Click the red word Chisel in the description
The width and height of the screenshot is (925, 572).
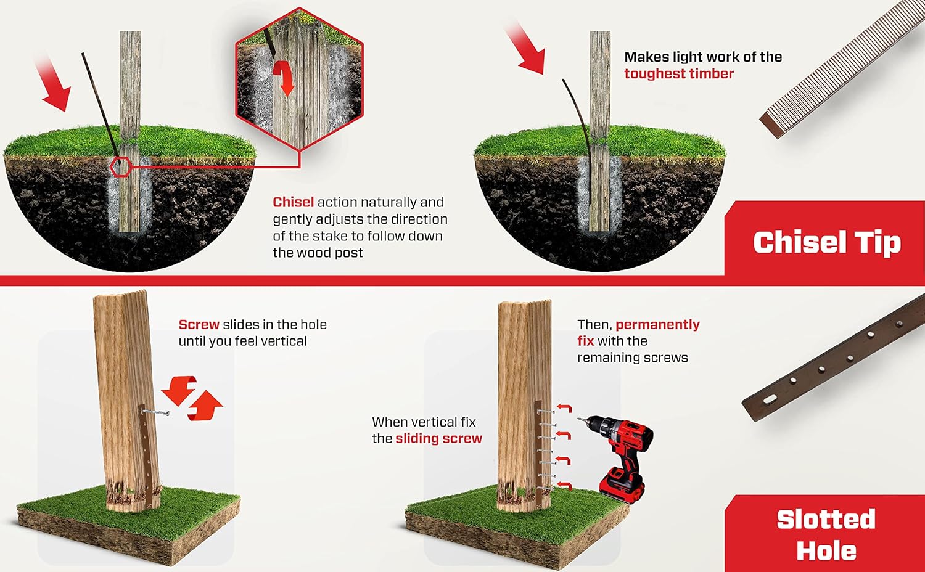coord(293,202)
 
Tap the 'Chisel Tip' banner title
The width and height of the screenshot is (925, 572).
coord(826,242)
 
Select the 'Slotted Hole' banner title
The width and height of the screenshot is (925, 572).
coord(826,534)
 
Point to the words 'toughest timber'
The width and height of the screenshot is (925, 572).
coord(678,74)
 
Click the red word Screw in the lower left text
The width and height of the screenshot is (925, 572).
coord(199,325)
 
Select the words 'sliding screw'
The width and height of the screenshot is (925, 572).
coord(438,439)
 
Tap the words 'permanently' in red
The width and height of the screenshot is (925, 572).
coord(657,325)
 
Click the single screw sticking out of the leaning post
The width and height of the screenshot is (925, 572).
coord(155,412)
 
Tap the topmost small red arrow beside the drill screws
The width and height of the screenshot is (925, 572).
coord(564,408)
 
